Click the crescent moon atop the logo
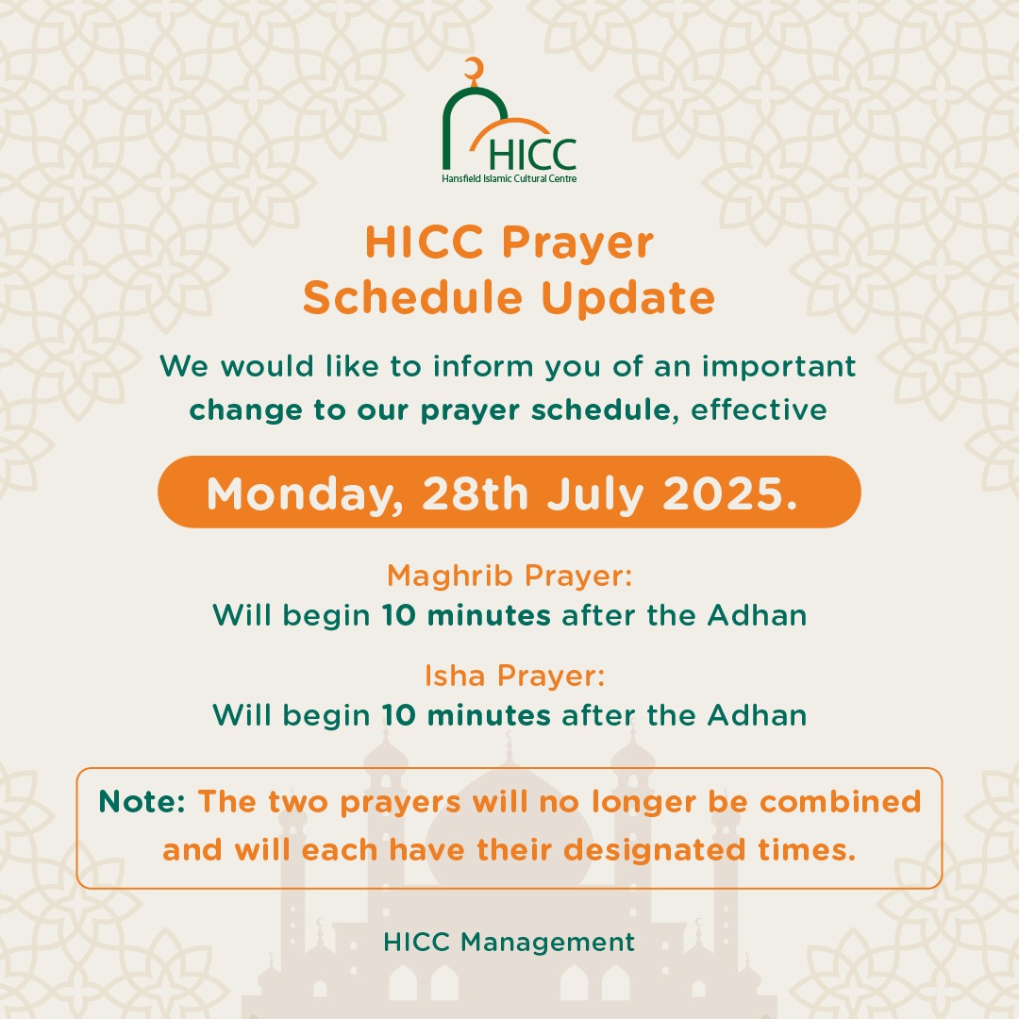[x=477, y=67]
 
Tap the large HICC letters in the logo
[x=532, y=155]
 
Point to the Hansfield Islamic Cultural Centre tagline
[x=509, y=178]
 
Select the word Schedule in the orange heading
[x=412, y=297]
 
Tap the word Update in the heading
[x=627, y=299]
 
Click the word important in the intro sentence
[x=778, y=366]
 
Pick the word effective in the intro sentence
[x=759, y=410]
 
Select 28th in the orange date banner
[x=475, y=493]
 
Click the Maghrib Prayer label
[x=509, y=576]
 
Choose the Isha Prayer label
[x=515, y=677]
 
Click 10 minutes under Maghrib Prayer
[x=466, y=615]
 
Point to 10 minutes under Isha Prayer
[x=466, y=715]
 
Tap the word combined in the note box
[x=841, y=802]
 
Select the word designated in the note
[x=654, y=851]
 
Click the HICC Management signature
[x=509, y=943]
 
